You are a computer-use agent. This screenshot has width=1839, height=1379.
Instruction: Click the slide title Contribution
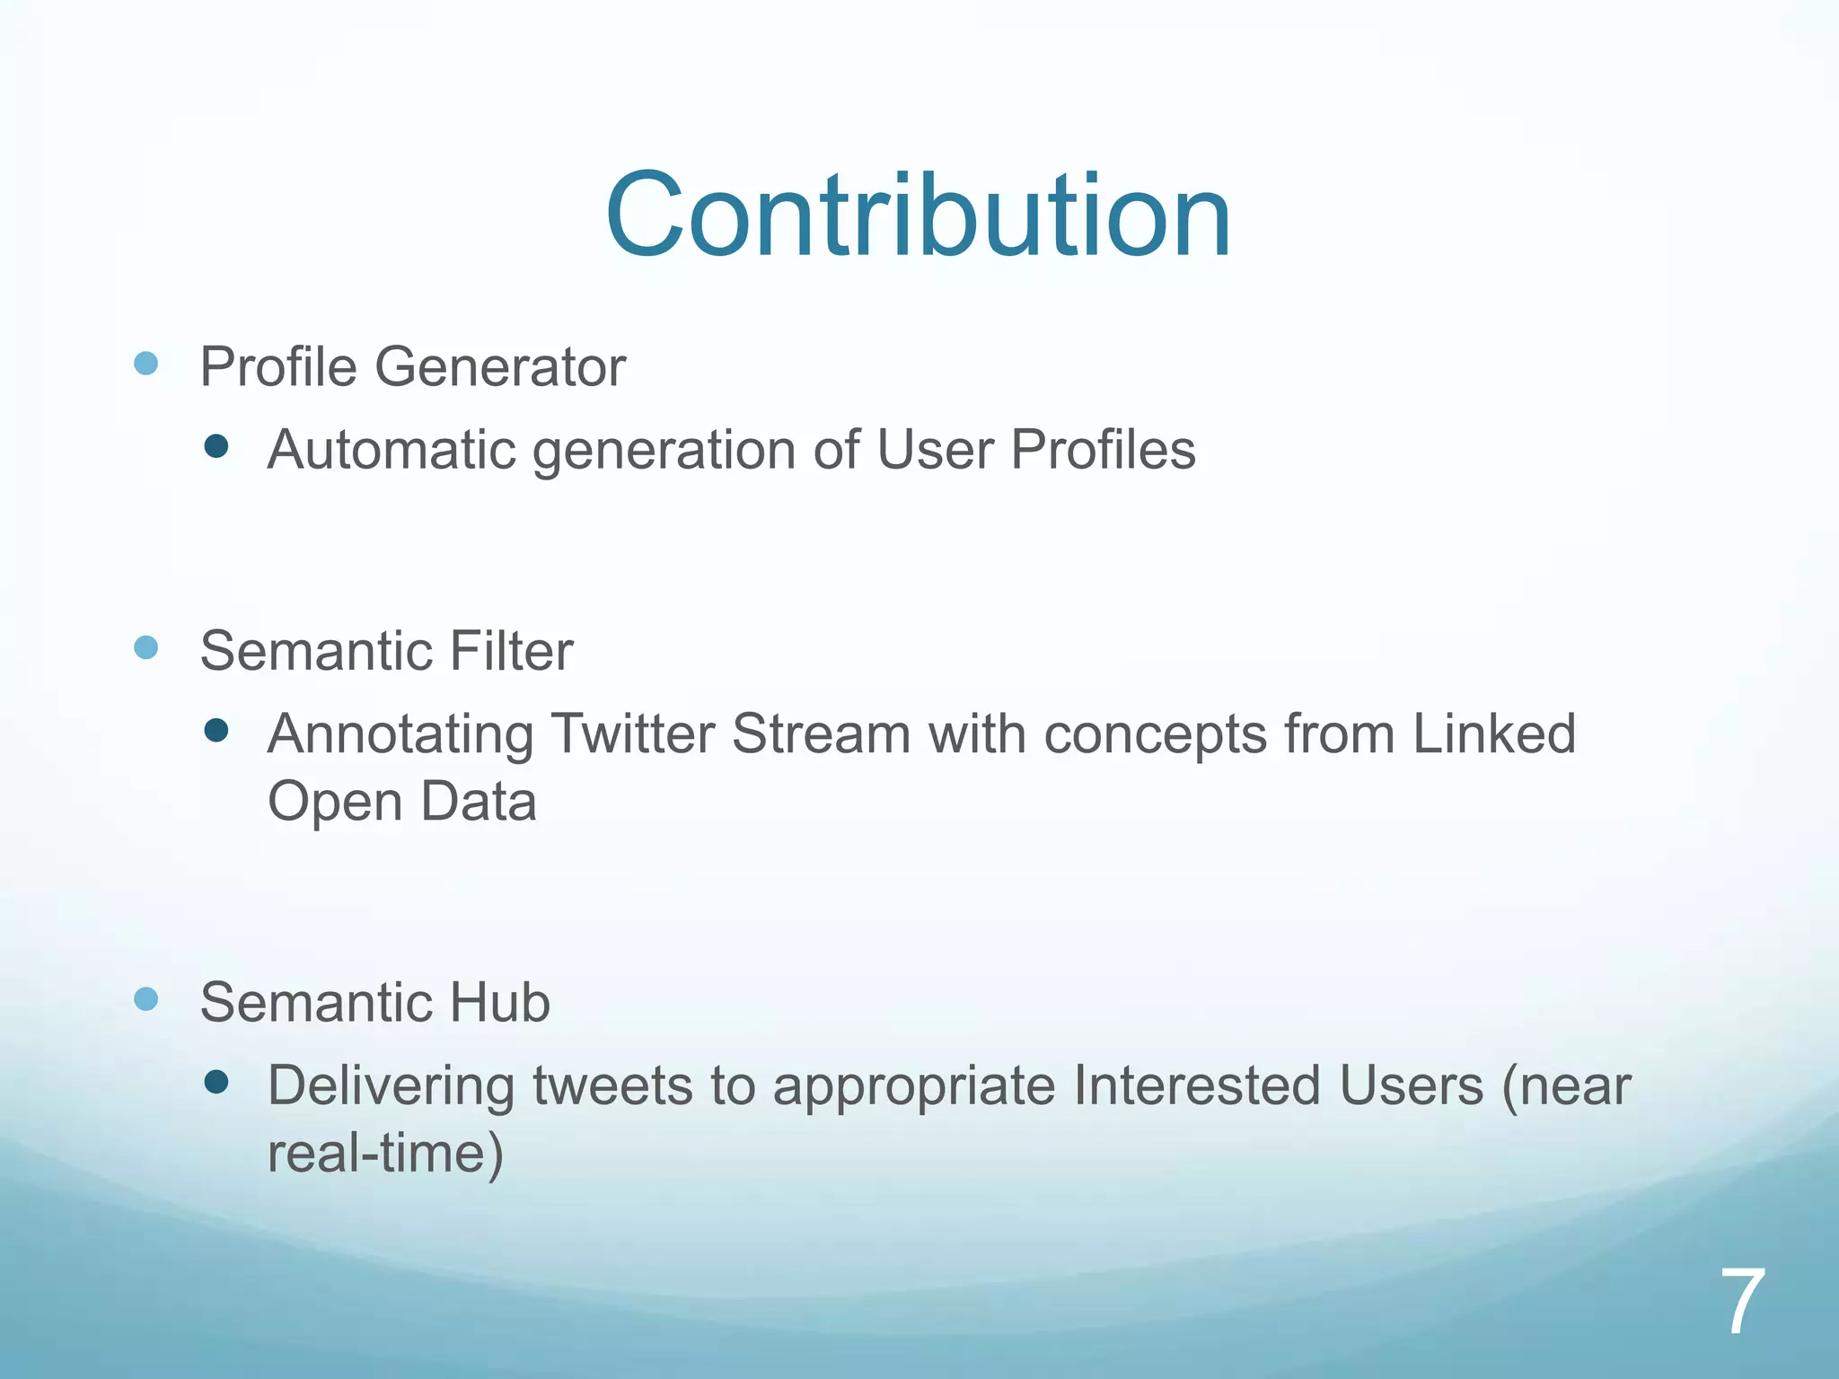tap(918, 216)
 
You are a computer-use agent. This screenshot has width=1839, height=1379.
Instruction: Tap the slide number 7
tap(1742, 1302)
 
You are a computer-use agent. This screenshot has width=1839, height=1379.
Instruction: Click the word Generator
tap(499, 367)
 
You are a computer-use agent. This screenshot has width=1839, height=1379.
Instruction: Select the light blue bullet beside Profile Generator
tap(146, 364)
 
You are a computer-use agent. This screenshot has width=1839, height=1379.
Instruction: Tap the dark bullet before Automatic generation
tap(216, 446)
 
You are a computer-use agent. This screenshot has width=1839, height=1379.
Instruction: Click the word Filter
tap(511, 651)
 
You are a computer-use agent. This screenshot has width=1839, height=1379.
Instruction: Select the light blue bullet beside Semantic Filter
tap(146, 647)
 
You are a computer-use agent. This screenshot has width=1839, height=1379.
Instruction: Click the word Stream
tap(821, 733)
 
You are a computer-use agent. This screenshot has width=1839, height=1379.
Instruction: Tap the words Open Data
tap(402, 801)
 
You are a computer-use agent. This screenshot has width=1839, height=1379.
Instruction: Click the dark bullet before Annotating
tap(216, 731)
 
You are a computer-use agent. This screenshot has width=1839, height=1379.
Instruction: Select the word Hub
tap(499, 1002)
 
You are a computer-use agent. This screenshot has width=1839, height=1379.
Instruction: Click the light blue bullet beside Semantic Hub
tap(146, 998)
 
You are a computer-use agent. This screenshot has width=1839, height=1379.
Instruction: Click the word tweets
tap(612, 1086)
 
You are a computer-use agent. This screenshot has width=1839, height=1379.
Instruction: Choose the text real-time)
tap(386, 1154)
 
